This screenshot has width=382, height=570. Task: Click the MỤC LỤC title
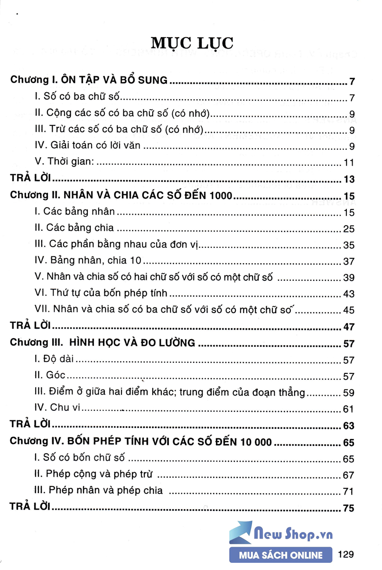[192, 43]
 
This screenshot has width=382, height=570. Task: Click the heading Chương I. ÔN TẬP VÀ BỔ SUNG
[89, 80]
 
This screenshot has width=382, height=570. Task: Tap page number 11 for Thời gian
[349, 163]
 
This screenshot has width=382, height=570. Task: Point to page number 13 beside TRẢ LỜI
[349, 179]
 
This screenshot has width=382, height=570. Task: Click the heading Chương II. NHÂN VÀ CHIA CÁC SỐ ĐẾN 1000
[121, 196]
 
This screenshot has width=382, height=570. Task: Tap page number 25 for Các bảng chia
[349, 229]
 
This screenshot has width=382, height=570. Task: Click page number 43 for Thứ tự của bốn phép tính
[349, 294]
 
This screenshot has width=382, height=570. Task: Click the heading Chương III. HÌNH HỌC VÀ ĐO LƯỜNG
[102, 343]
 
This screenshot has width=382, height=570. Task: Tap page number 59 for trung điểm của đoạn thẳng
[349, 393]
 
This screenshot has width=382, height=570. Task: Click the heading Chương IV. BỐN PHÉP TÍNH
[141, 442]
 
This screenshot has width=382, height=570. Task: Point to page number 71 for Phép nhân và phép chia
[349, 491]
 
